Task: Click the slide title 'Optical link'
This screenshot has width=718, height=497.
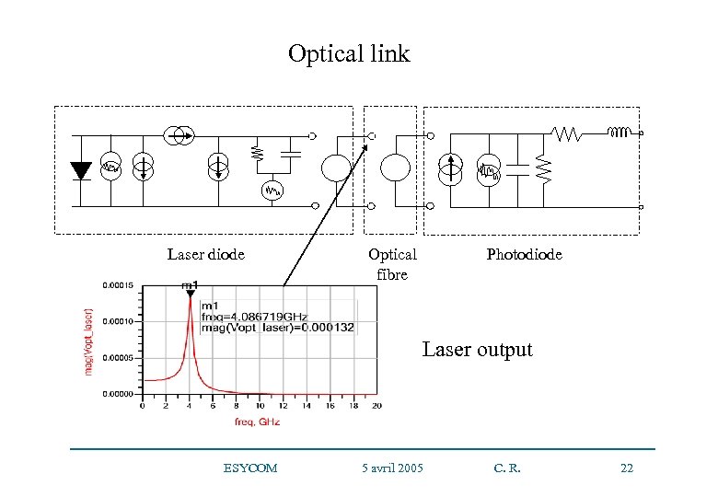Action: pos(348,54)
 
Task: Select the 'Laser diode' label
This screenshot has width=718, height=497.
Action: pos(206,255)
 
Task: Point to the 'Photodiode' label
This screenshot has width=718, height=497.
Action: pos(524,255)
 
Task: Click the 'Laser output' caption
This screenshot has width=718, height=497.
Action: pos(477,350)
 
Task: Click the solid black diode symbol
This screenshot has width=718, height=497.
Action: pos(81,169)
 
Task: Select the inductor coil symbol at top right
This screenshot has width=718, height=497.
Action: pos(620,133)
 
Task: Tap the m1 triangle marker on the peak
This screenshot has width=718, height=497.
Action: pos(189,295)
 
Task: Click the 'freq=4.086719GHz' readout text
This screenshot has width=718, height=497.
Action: pos(247,317)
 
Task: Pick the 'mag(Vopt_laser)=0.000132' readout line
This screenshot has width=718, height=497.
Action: pos(277,328)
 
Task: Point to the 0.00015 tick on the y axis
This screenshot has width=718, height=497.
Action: pos(116,285)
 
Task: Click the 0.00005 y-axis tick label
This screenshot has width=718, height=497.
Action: pos(116,358)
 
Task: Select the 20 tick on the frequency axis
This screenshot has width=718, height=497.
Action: pos(376,405)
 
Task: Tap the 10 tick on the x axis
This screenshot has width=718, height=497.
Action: pos(260,405)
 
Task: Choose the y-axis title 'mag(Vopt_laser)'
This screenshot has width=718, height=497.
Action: pos(89,341)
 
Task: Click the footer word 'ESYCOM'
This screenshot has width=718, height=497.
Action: pos(249,468)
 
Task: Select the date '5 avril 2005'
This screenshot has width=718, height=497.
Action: pos(393,468)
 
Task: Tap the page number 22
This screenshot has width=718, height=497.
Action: pos(627,468)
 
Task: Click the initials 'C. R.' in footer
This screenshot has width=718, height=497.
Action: pos(507,468)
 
